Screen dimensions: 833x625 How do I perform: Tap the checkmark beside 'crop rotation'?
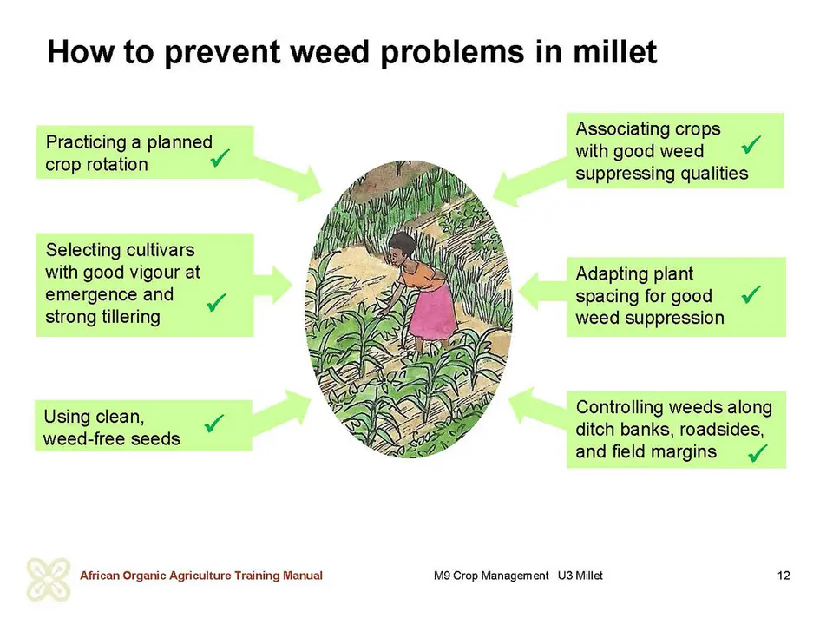coord(220,157)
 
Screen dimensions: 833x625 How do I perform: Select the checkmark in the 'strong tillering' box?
coord(216,302)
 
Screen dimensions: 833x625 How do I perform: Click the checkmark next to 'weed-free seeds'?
coord(214,424)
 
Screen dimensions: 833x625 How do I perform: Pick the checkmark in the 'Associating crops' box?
coord(751,145)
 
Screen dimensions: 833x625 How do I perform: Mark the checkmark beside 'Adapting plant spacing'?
coord(751,294)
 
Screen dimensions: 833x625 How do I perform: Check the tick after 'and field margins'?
coord(758,453)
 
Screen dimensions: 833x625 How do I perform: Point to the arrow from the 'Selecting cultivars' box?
coord(273,285)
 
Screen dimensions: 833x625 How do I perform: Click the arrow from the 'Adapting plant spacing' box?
coord(542,291)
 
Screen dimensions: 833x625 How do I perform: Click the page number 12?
coord(784,576)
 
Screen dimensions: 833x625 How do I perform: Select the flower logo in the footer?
coord(49,579)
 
